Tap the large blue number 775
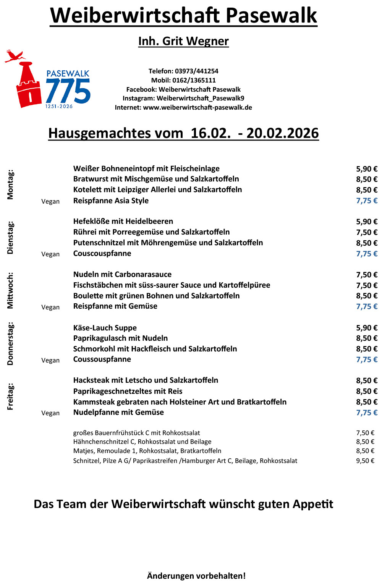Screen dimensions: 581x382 tap(68, 91)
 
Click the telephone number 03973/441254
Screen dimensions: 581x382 tap(196, 71)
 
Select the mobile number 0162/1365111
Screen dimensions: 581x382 tap(194, 80)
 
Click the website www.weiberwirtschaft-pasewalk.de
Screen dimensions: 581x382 tap(197, 107)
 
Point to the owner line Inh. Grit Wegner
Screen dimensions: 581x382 tap(183, 41)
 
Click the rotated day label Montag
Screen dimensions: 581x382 tap(10, 184)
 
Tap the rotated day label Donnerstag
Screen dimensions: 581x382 tap(10, 343)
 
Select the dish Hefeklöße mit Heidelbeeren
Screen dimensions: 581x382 tap(123, 221)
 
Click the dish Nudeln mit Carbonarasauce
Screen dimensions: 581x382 tap(122, 274)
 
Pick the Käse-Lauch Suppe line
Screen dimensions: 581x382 tap(105, 328)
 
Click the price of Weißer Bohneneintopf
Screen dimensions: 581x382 tap(366, 169)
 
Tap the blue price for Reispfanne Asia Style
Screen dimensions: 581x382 tap(366, 201)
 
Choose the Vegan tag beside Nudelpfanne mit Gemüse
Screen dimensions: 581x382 tap(50, 413)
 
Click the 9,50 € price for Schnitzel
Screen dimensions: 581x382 tap(365, 461)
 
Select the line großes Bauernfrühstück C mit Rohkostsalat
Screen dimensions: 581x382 tap(136, 433)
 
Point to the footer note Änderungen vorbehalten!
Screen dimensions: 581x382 tap(196, 576)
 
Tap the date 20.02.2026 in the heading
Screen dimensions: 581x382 tap(282, 133)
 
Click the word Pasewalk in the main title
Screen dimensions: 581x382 tap(271, 15)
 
